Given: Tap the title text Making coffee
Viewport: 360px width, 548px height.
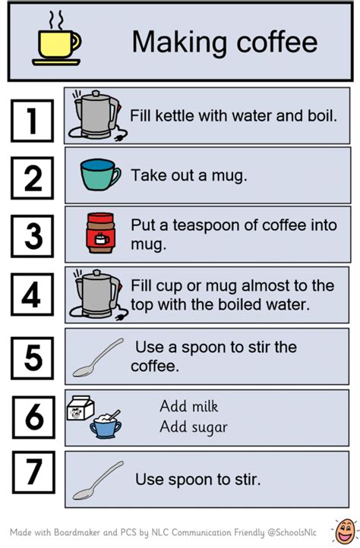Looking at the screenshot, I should (x=224, y=42).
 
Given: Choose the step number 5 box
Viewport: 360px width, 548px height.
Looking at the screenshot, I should (x=32, y=355).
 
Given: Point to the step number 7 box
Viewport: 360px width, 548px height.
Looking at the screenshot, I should (x=32, y=474).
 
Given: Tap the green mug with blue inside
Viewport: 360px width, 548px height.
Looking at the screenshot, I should (x=99, y=175).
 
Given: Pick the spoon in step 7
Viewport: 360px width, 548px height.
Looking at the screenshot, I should (x=98, y=479).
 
